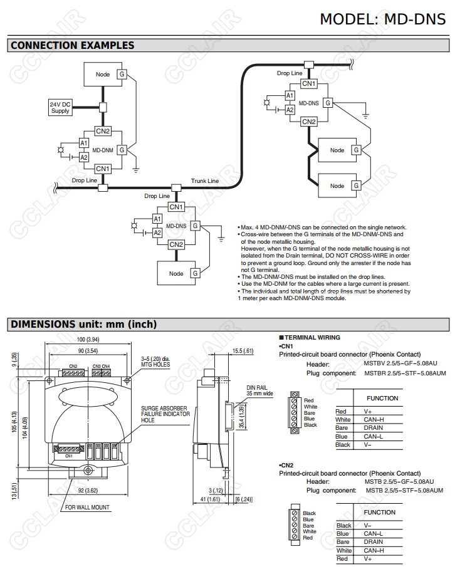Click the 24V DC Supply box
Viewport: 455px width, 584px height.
(x=60, y=107)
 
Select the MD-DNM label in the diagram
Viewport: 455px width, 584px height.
(x=102, y=150)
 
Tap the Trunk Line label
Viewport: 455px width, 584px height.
(x=205, y=180)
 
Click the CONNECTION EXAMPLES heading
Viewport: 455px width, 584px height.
(x=73, y=45)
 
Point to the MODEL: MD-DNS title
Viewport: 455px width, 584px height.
(x=382, y=19)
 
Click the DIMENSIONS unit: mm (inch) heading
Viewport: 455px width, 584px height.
(x=83, y=324)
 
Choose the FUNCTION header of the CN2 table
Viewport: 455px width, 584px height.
(x=380, y=512)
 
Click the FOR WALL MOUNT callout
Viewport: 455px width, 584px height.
(x=87, y=508)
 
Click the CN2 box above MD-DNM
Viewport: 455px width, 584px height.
(x=103, y=131)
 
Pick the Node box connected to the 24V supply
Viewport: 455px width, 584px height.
(x=103, y=75)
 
